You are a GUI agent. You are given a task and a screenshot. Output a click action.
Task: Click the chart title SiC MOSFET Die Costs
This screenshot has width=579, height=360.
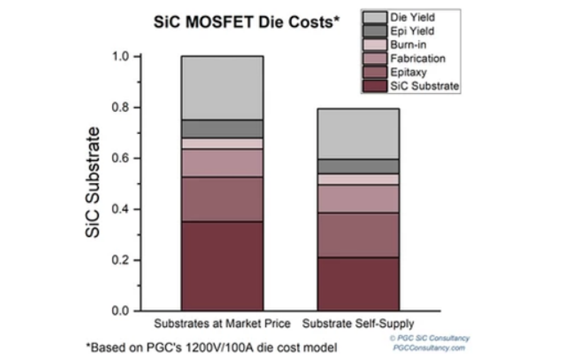(x=247, y=22)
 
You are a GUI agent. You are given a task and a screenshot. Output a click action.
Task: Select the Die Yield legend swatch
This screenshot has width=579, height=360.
(x=375, y=17)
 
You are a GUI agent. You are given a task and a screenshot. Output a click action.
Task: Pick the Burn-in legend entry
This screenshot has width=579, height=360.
(x=409, y=45)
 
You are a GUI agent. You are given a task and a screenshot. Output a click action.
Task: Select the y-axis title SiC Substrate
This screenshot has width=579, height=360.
(x=93, y=183)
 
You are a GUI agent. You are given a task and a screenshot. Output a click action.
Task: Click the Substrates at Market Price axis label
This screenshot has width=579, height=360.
(x=222, y=324)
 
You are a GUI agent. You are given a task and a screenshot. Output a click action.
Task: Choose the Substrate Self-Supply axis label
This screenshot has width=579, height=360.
(x=358, y=324)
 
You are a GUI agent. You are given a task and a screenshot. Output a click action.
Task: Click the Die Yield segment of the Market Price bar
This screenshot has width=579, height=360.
(x=222, y=87)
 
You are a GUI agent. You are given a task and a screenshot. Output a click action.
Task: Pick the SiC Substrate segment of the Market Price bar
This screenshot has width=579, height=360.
(x=222, y=266)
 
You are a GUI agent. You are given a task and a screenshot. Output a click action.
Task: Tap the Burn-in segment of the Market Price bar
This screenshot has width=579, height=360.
(x=222, y=143)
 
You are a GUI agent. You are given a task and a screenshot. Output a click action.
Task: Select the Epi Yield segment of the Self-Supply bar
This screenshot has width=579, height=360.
(x=358, y=166)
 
